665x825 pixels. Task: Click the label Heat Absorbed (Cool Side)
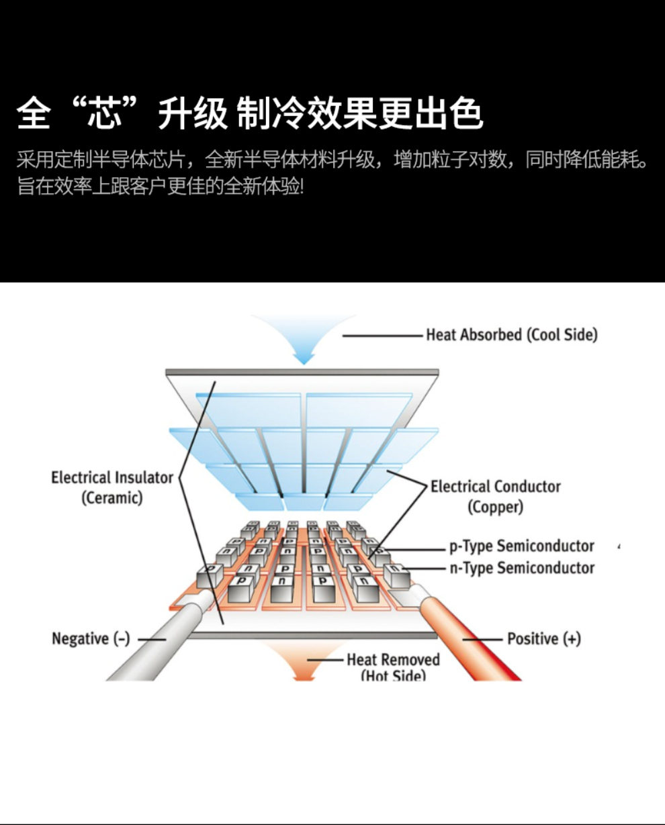click(511, 334)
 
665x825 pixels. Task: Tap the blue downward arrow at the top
click(304, 340)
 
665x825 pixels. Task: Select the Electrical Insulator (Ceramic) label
click(112, 487)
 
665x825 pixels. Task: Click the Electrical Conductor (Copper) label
click(495, 496)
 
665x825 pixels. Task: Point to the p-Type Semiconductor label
click(521, 546)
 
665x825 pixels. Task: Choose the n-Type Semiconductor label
click(522, 568)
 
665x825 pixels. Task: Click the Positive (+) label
click(543, 638)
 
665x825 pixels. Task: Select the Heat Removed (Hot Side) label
click(393, 667)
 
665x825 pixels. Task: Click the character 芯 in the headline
click(105, 112)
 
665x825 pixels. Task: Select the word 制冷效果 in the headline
click(306, 112)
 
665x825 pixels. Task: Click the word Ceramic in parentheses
click(112, 498)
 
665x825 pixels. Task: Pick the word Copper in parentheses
click(495, 507)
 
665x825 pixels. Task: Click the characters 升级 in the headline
click(193, 112)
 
